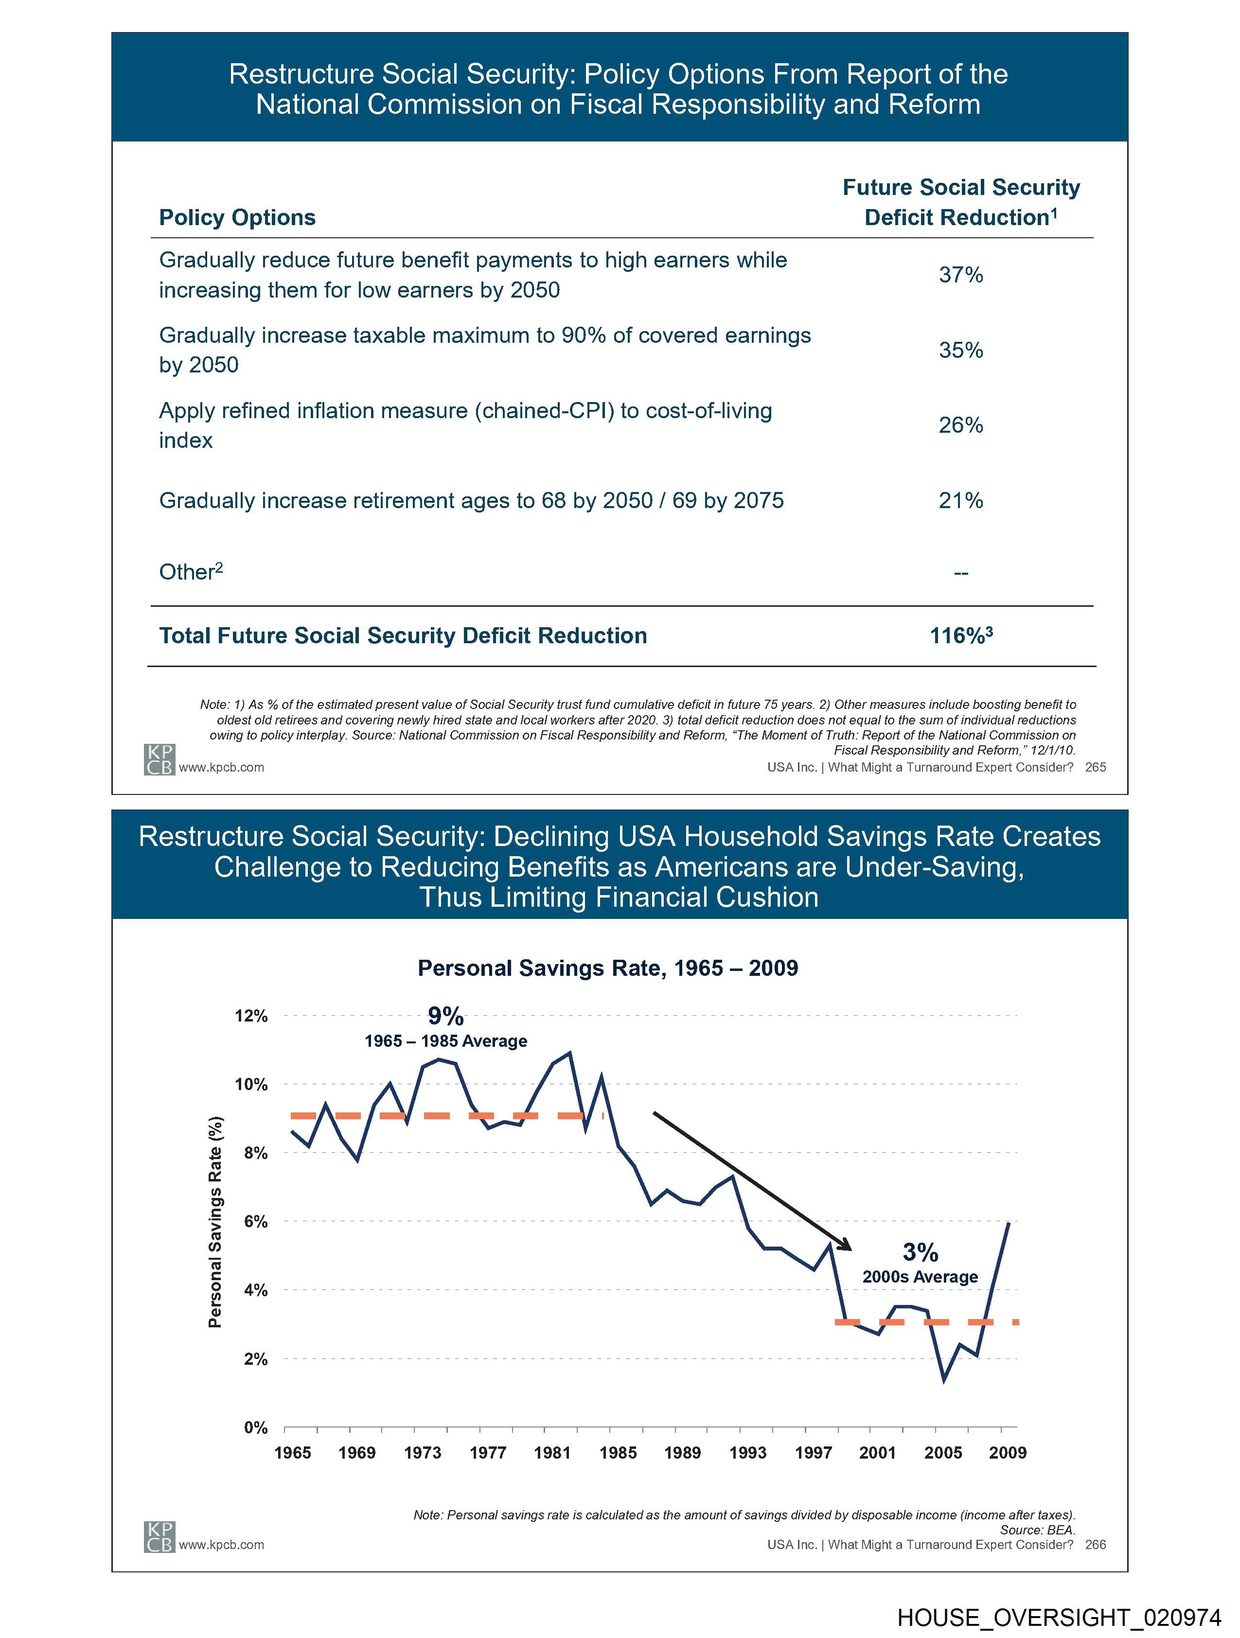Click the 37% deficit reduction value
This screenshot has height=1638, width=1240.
point(961,275)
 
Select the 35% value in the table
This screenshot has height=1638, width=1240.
point(961,350)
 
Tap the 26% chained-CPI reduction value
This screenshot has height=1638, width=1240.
point(961,425)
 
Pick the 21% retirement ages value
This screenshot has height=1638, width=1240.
point(961,501)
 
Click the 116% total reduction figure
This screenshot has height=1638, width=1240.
point(961,635)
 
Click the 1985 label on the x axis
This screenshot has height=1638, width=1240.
point(618,1452)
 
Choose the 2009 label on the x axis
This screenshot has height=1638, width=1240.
point(1008,1452)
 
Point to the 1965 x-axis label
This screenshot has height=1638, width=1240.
point(293,1452)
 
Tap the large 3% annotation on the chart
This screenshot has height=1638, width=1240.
point(920,1252)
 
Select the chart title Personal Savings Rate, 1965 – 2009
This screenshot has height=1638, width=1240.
point(607,968)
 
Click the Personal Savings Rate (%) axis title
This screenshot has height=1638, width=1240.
point(215,1222)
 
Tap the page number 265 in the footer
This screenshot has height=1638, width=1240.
point(1095,767)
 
